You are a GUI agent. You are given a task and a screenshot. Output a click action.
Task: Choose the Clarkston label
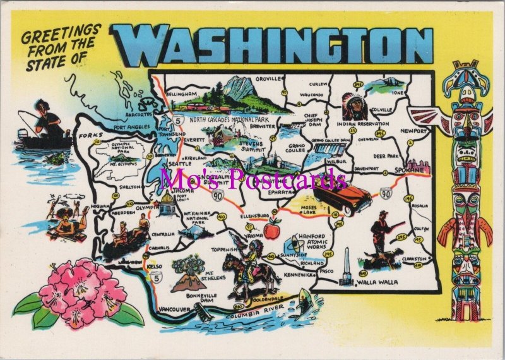[x=414, y=258]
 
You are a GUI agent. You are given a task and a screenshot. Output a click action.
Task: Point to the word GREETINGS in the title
[x=61, y=32]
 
